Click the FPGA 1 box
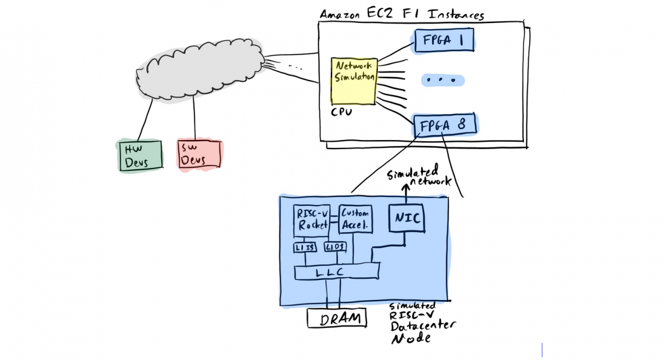[x=444, y=41]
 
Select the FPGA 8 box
[x=444, y=126]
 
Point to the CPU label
[x=342, y=112]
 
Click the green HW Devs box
[x=139, y=155]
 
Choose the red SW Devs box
[x=199, y=154]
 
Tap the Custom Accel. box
[x=356, y=219]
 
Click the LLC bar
[x=336, y=273]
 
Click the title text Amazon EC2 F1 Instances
[x=401, y=14]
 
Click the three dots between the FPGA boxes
[x=442, y=81]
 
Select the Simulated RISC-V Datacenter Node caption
[x=421, y=323]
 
